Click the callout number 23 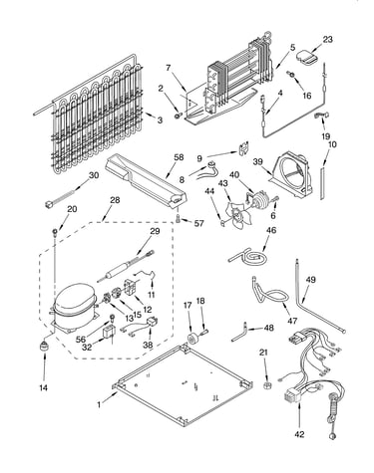(x=327, y=40)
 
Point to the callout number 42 (x=299, y=434)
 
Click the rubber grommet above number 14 (x=43, y=346)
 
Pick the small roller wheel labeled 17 (x=192, y=340)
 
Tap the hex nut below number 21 (x=266, y=385)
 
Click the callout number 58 (x=179, y=157)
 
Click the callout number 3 (x=160, y=120)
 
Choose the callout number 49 (x=310, y=280)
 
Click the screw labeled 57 (x=179, y=219)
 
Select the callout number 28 (x=115, y=200)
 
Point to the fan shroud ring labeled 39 (x=291, y=177)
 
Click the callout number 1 (x=99, y=404)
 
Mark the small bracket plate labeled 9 (x=244, y=147)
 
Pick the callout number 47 (x=292, y=321)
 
